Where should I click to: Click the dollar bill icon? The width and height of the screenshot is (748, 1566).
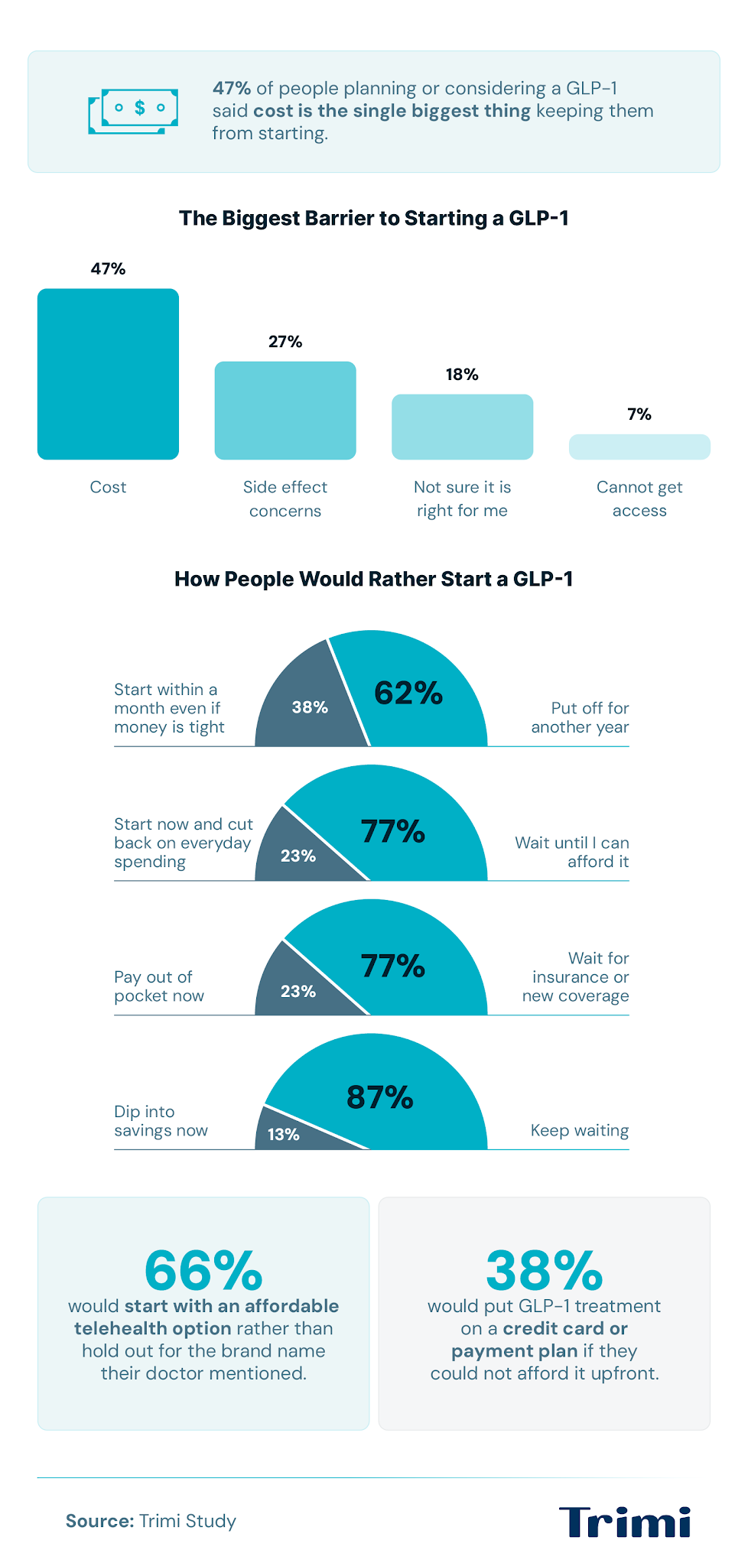[x=133, y=111]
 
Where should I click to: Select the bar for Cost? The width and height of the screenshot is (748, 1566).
[x=108, y=374]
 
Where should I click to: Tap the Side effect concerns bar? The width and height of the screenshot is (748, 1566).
[x=285, y=411]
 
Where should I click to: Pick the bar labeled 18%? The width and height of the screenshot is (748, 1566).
[x=463, y=427]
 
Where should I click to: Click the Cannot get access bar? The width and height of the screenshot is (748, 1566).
[x=639, y=447]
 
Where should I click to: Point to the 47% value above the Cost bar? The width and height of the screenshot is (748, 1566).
[x=108, y=268]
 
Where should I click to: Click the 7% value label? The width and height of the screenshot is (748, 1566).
[x=639, y=414]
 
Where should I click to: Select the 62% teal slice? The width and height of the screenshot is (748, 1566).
[x=413, y=688]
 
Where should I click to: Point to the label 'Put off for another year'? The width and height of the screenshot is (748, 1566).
[x=580, y=717]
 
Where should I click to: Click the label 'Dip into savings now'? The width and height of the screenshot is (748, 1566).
[x=161, y=1121]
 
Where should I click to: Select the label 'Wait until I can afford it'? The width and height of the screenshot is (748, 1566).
[x=572, y=852]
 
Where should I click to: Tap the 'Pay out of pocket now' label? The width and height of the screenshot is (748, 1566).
[x=159, y=986]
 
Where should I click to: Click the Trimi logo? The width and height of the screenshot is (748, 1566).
[x=625, y=1522]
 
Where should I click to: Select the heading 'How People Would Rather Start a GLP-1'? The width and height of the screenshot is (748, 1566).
[x=374, y=579]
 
